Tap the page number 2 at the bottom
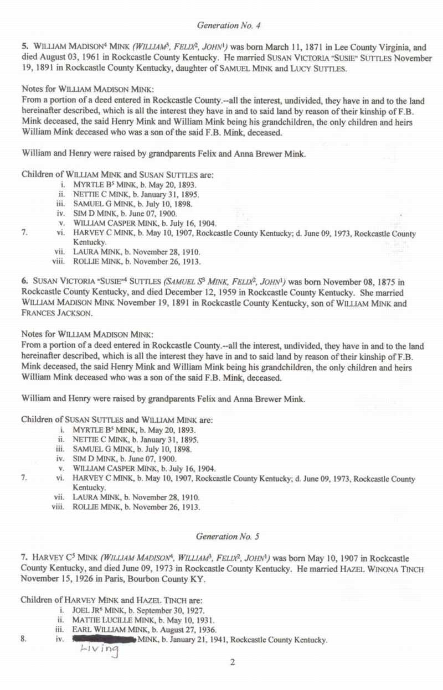coord(233,662)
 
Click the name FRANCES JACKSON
coord(50,313)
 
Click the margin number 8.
coord(23,640)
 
